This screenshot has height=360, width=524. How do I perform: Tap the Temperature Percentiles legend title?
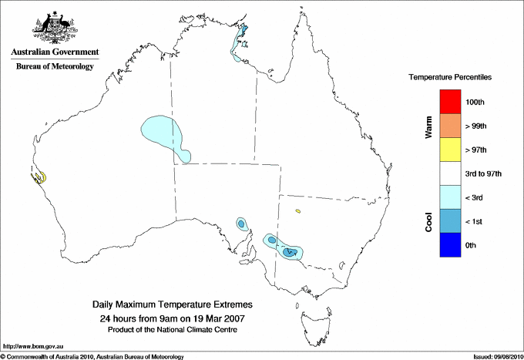(450, 78)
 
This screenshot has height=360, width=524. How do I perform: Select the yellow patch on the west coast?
(39, 177)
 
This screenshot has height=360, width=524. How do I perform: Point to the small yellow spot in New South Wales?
(297, 210)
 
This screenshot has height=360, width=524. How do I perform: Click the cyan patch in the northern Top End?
(240, 39)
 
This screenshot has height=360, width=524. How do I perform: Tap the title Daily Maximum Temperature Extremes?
(173, 305)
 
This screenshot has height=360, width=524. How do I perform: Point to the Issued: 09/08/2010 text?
(496, 356)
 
